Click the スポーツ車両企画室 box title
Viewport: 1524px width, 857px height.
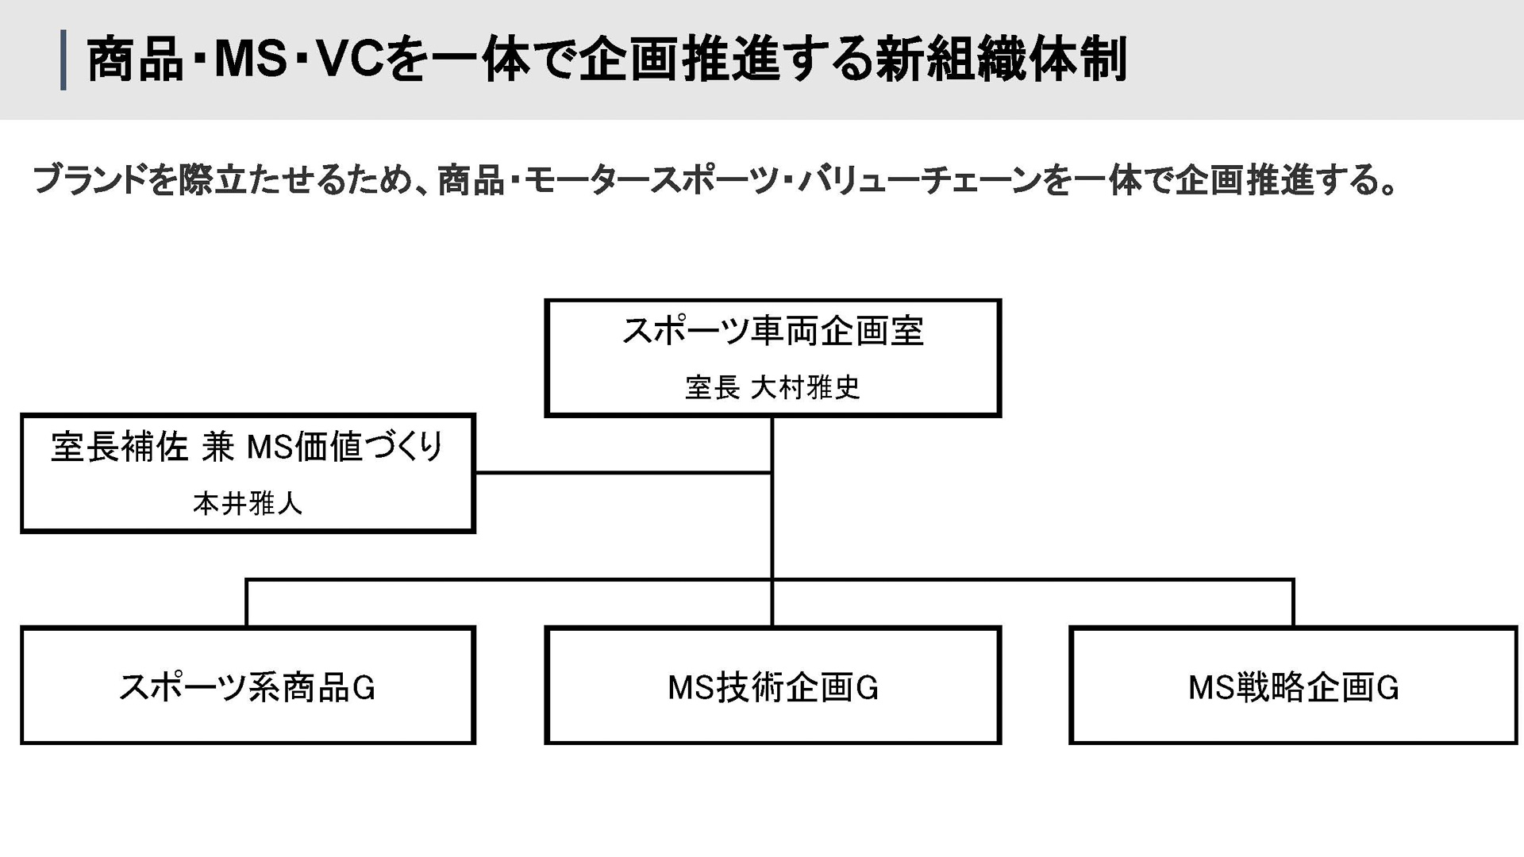click(x=772, y=331)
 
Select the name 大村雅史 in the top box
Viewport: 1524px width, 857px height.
click(x=805, y=388)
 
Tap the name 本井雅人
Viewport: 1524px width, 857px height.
click(x=248, y=503)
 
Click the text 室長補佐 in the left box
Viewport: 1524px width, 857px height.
click(x=119, y=447)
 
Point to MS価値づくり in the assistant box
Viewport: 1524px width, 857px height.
click(x=344, y=447)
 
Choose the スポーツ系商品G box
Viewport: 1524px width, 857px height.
click(x=248, y=686)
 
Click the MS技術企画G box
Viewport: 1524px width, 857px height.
click(x=772, y=686)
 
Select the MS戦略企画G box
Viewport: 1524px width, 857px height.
click(x=1293, y=686)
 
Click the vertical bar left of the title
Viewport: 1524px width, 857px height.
click(x=63, y=60)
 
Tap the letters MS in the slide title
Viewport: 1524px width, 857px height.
click(x=250, y=60)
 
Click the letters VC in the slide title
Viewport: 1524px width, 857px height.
click(x=349, y=60)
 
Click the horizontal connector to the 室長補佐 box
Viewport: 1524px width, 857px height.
click(x=623, y=473)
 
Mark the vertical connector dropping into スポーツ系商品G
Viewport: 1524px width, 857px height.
click(x=247, y=603)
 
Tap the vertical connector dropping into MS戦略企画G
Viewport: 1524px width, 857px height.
click(x=1293, y=603)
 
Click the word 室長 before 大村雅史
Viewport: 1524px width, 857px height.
click(x=712, y=388)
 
